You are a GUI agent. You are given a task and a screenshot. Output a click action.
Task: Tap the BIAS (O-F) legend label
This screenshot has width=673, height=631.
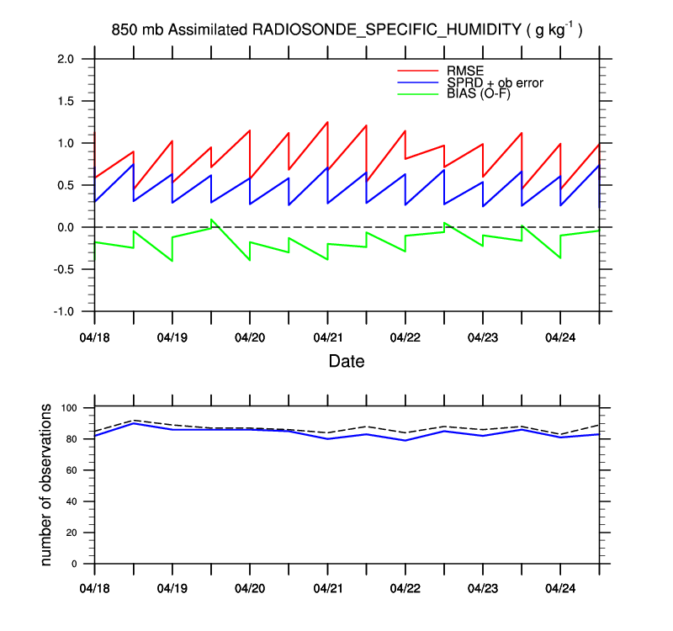click(475, 93)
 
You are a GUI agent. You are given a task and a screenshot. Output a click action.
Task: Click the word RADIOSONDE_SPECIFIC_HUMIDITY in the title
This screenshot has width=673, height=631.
click(387, 30)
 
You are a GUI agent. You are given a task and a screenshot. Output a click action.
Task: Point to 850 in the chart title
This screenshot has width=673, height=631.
click(125, 30)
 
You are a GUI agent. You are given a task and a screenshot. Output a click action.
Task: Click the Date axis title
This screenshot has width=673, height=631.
click(347, 362)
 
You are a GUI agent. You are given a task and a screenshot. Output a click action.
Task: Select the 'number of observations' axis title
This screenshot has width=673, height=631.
click(48, 485)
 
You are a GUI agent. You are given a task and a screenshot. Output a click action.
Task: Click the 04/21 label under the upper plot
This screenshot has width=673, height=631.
click(327, 337)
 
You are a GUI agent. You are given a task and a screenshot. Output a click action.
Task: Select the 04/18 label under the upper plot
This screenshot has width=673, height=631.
click(94, 337)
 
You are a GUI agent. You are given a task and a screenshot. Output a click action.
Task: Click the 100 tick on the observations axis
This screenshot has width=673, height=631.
click(69, 408)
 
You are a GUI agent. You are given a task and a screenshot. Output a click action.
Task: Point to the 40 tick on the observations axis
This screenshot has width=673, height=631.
click(72, 501)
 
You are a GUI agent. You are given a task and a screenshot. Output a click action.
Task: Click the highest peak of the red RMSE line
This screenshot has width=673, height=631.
click(327, 122)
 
